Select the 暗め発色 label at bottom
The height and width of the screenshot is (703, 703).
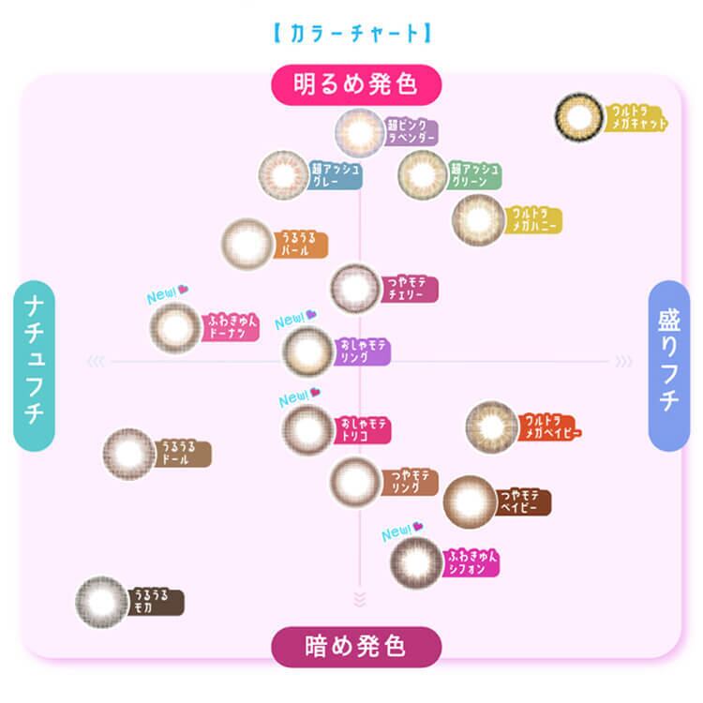click(x=355, y=646)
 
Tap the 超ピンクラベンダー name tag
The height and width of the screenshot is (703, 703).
click(x=411, y=132)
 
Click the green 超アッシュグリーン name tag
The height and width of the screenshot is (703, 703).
click(x=474, y=175)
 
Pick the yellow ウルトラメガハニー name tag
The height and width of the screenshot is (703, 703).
click(x=533, y=221)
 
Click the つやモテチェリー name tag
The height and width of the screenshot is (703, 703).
click(x=410, y=288)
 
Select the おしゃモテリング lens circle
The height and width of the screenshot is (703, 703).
click(x=307, y=352)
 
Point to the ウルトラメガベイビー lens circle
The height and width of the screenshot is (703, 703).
click(x=492, y=427)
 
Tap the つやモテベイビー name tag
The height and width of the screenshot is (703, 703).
click(x=523, y=501)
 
